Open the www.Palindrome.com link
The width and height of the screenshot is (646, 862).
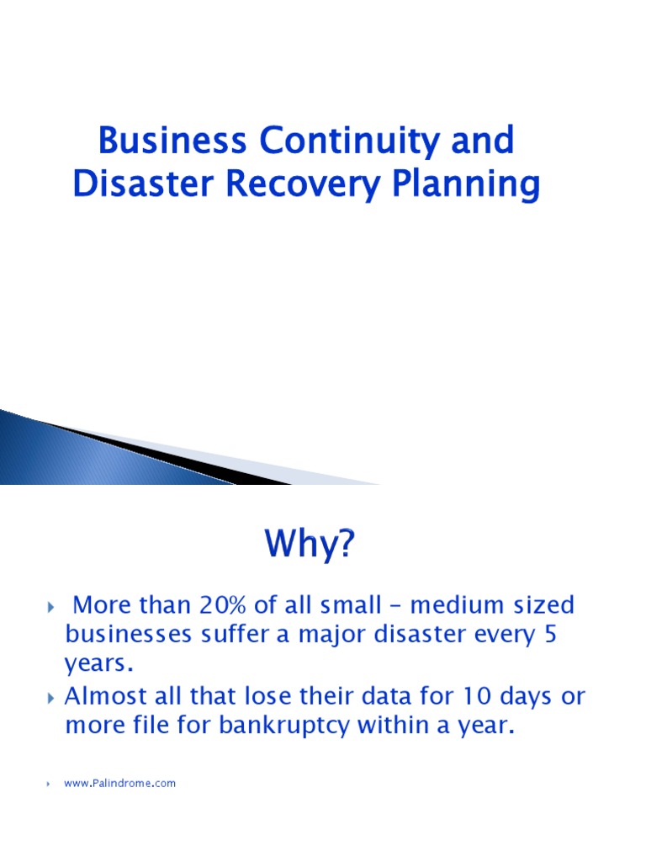120,784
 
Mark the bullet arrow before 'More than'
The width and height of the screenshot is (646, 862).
50,606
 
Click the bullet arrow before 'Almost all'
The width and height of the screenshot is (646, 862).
50,698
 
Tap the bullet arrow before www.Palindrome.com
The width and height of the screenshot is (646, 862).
50,784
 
